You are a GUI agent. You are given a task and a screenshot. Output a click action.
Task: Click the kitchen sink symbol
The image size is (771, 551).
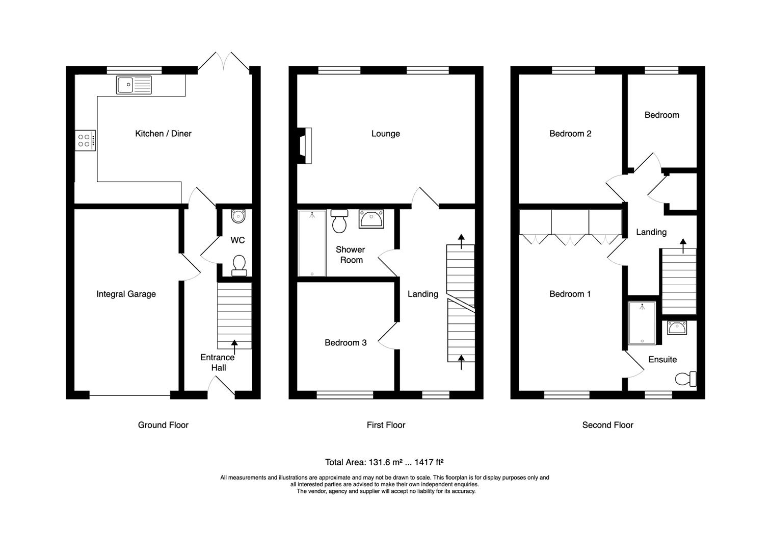click(x=134, y=85)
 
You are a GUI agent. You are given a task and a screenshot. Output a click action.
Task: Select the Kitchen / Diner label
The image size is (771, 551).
click(x=163, y=134)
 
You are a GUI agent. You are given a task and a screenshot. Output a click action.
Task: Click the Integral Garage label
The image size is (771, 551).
click(x=126, y=294)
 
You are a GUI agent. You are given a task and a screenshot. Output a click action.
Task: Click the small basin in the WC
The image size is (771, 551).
click(x=237, y=217)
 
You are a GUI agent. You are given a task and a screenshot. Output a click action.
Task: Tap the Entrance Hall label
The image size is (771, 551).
click(x=218, y=362)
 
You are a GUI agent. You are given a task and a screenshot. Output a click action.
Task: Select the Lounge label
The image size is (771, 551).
click(x=385, y=134)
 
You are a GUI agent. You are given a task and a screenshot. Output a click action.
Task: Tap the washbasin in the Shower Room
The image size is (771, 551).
click(x=371, y=219)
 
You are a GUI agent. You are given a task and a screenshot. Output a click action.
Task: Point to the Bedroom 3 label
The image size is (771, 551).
click(x=345, y=342)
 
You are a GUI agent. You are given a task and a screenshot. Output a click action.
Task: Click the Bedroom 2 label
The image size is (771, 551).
click(x=570, y=134)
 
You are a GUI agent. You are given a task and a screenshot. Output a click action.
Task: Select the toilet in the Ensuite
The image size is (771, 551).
click(x=685, y=379)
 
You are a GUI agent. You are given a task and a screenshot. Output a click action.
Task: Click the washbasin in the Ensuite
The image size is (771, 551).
click(x=677, y=328)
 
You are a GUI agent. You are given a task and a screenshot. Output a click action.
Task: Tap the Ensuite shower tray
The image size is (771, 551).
click(x=642, y=323)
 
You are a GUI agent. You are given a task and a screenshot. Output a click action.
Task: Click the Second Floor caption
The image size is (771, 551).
click(x=607, y=425)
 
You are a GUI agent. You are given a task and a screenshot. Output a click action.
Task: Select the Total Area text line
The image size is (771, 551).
click(x=384, y=462)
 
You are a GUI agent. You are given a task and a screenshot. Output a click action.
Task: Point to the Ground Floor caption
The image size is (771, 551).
click(x=163, y=425)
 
